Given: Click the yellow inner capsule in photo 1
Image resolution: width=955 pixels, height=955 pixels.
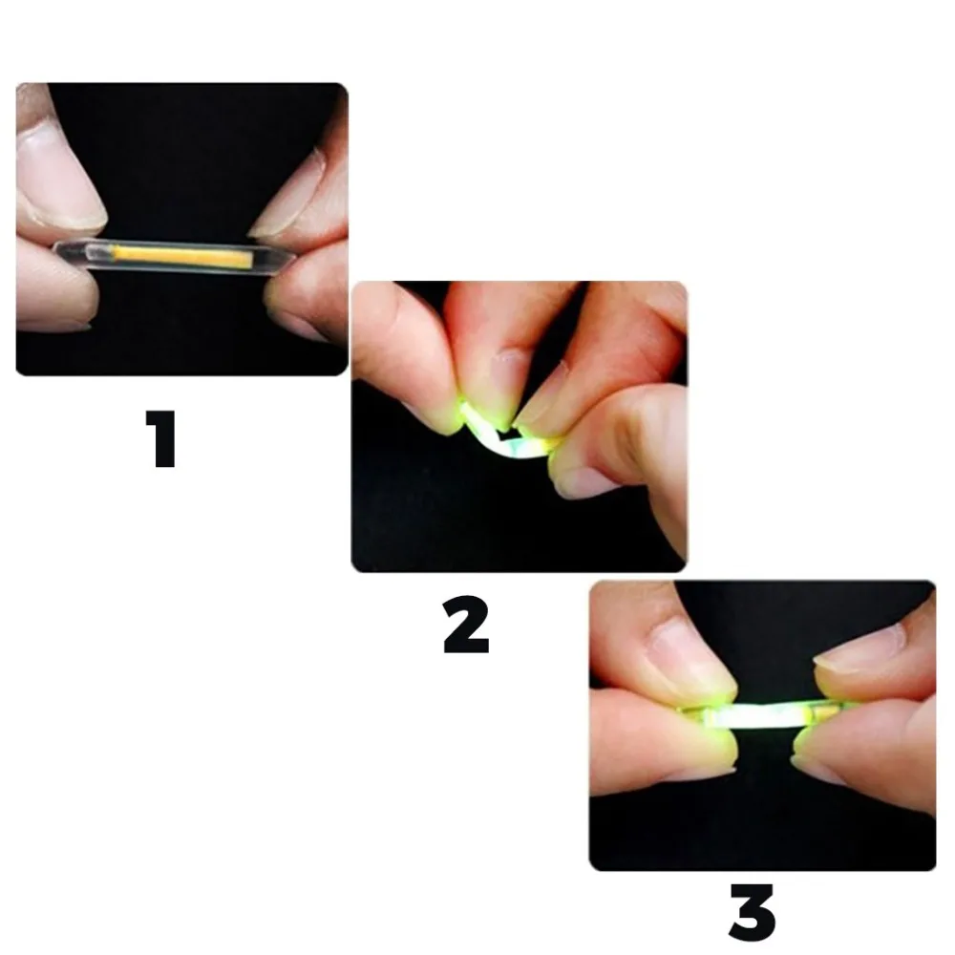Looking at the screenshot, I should point(181,256).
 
